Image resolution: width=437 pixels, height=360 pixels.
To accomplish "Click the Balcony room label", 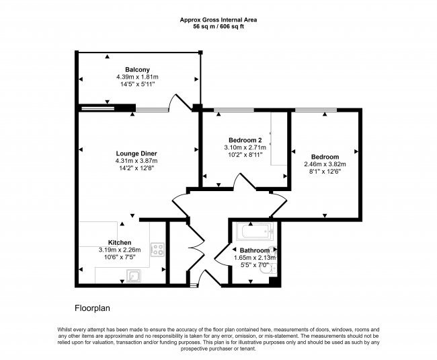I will coord(137,70).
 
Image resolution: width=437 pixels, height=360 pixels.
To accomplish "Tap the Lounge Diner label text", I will coord(137,153).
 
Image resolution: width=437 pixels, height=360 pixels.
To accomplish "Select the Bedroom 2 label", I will coord(245,140).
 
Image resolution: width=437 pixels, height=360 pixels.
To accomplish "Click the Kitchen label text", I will coord(120,242).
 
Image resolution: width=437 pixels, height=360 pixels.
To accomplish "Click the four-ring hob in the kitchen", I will coord(157,250).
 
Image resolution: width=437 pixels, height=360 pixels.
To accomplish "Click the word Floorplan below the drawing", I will coord(93,308).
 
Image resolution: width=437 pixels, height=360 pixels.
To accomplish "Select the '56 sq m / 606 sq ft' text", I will coord(218,28).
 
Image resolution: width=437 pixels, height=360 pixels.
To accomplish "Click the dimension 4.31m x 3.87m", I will coord(137,161).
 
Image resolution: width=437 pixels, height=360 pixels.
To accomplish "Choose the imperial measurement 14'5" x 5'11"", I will coord(137,85).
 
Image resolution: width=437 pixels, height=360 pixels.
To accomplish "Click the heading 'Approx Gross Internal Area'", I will coord(218,20).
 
